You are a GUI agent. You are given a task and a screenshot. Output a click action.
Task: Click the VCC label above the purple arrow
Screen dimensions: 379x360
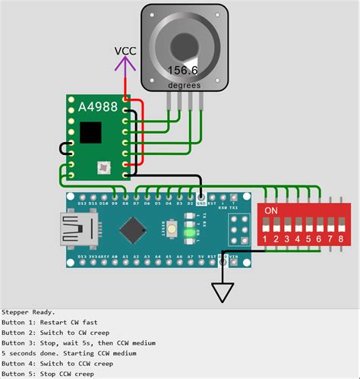coord(125,51)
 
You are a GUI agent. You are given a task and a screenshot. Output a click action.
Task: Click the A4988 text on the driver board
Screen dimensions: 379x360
coord(96,108)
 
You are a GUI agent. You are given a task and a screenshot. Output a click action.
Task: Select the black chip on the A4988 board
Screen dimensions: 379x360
coord(91,132)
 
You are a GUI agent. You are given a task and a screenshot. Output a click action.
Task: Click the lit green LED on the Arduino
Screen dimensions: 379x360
coord(172,229)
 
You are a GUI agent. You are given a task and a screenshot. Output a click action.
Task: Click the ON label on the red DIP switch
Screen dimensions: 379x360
coord(270,210)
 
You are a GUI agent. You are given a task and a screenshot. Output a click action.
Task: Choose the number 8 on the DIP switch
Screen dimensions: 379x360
coord(340,239)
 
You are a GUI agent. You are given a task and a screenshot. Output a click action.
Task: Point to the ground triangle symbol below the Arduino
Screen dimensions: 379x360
coord(223,292)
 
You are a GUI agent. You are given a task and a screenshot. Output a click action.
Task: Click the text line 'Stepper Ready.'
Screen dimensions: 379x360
coord(28,312)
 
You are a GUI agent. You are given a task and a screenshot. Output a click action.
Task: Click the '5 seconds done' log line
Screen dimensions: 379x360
coord(68,353)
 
